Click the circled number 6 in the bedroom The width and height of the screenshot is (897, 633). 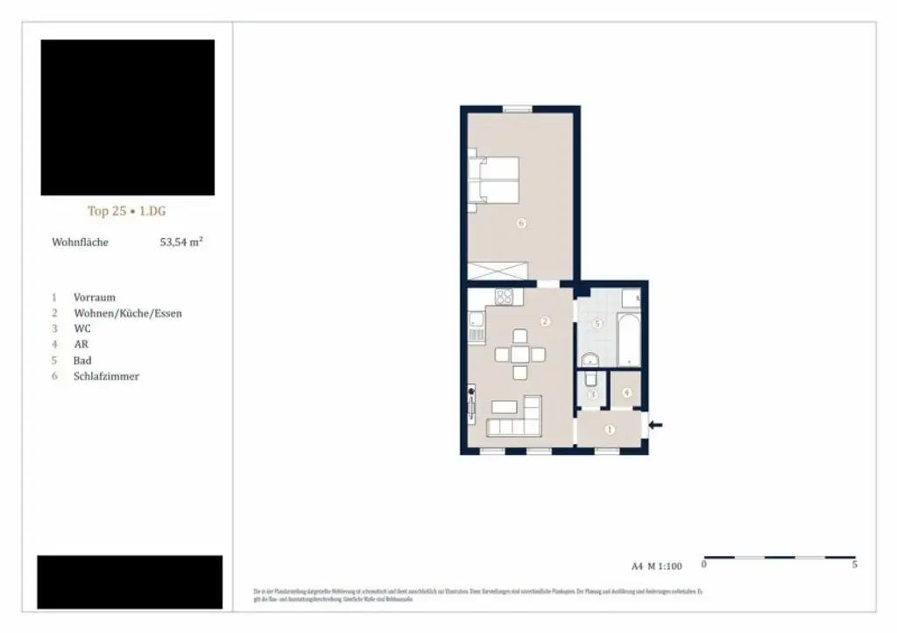pyautogui.click(x=520, y=224)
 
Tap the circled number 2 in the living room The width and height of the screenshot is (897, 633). pyautogui.click(x=545, y=321)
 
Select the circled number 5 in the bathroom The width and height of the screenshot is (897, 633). pyautogui.click(x=597, y=323)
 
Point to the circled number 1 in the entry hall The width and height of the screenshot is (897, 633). pyautogui.click(x=610, y=429)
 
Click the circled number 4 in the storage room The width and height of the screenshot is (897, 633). pyautogui.click(x=626, y=392)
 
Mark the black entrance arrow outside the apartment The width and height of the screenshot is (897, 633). pyautogui.click(x=655, y=426)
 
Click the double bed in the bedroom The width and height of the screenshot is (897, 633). pyautogui.click(x=494, y=180)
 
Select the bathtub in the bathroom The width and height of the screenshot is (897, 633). pyautogui.click(x=629, y=341)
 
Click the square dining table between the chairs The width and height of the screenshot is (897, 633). pyautogui.click(x=520, y=355)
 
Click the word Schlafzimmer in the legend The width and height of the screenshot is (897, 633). pyautogui.click(x=106, y=376)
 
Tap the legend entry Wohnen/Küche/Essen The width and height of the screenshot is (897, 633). pyautogui.click(x=128, y=313)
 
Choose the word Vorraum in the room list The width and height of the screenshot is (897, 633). pyautogui.click(x=95, y=298)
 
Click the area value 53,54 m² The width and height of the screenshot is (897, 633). pyautogui.click(x=181, y=242)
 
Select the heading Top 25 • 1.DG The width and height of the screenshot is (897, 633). pyautogui.click(x=127, y=211)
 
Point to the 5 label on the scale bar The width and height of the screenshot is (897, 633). pyautogui.click(x=854, y=566)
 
